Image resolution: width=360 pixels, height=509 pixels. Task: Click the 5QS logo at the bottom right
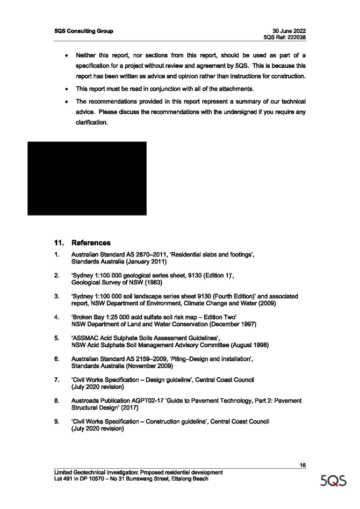333,481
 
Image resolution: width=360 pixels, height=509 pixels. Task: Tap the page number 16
303,465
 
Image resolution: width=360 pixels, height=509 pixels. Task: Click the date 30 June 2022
289,31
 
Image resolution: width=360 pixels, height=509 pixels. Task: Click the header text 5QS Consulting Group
84,31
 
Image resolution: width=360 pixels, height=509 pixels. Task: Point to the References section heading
91,243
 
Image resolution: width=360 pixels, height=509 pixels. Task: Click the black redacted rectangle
87,178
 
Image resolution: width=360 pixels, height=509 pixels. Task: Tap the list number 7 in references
56,380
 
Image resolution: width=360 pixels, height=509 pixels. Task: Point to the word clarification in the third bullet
91,123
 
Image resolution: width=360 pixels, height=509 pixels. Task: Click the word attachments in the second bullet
236,89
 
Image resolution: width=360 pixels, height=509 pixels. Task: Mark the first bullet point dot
67,55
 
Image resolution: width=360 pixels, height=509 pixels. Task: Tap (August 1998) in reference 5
250,345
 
